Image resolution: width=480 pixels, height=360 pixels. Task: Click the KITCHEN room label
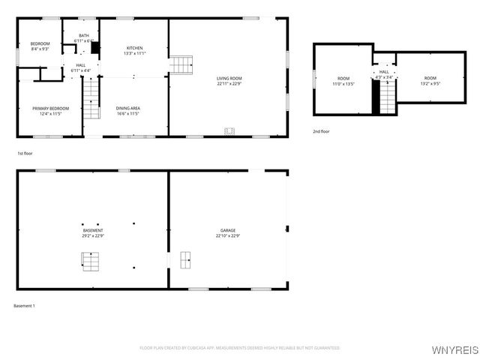tap(134, 48)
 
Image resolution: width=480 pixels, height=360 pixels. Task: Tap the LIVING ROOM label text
tap(229, 77)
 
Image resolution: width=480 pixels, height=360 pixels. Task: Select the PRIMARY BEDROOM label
tap(50, 108)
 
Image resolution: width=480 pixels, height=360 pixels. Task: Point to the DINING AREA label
tap(128, 108)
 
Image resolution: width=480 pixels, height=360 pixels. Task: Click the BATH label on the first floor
tap(84, 35)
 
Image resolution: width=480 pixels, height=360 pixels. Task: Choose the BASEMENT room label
tap(93, 230)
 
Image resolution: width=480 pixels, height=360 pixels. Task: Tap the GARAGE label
tap(228, 230)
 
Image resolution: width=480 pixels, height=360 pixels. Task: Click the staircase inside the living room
tap(181, 65)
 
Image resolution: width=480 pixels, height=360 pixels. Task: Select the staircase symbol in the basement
tap(91, 261)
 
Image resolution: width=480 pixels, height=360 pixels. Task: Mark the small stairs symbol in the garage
tap(185, 260)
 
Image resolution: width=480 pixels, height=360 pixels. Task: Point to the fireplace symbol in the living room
tap(229, 131)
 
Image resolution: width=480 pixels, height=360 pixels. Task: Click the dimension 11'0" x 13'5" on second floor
tap(343, 84)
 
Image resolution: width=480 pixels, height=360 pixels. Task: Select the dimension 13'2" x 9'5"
tap(430, 84)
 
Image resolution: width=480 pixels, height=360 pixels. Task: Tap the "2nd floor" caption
tap(321, 131)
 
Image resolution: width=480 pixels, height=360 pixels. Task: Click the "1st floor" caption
tap(25, 153)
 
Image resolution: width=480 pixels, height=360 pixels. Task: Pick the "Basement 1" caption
tap(25, 305)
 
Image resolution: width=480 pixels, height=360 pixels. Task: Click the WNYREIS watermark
tap(454, 350)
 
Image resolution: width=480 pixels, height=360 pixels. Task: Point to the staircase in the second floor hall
tap(387, 97)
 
